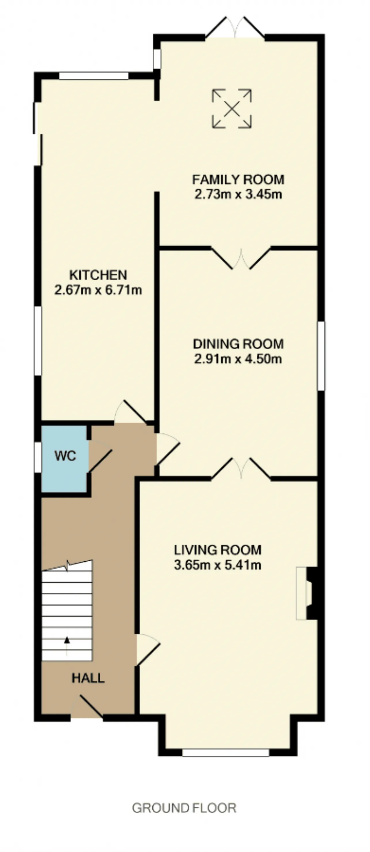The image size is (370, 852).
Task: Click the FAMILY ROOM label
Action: pos(238,180)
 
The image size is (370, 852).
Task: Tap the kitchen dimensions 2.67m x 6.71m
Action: pos(98,290)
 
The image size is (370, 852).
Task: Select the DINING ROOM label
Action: pos(238,344)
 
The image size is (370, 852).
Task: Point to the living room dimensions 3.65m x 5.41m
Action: pos(218,565)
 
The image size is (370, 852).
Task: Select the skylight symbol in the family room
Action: pos(232,108)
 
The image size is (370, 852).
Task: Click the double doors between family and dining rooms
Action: pos(241,258)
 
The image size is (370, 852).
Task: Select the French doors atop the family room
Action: pos(235,27)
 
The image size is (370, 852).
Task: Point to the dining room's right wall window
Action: pos(321,355)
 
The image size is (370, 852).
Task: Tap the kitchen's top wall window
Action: pos(94,76)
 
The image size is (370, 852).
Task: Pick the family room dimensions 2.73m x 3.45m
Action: pos(238,194)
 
